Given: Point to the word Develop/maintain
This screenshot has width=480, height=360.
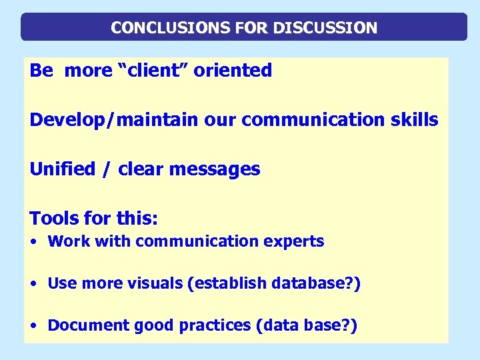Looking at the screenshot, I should pyautogui.click(x=114, y=120).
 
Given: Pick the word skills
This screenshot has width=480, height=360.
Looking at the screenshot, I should pyautogui.click(x=414, y=120).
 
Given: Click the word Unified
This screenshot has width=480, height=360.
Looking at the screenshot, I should pyautogui.click(x=63, y=169).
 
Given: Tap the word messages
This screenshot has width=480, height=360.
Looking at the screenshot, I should pyautogui.click(x=215, y=169).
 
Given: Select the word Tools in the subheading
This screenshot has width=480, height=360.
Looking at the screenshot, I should pyautogui.click(x=53, y=218).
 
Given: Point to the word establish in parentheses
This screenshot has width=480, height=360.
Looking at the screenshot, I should pyautogui.click(x=228, y=283).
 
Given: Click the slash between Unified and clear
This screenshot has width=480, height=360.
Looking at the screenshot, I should pyautogui.click(x=107, y=169).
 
